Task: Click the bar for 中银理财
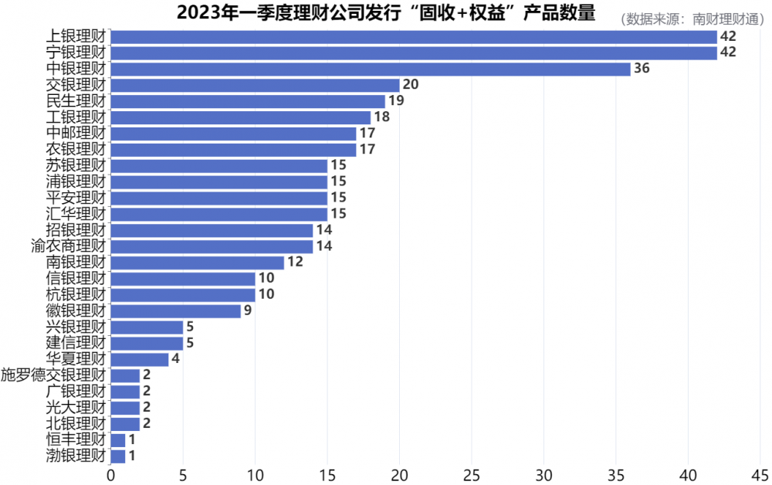pyautogui.click(x=371, y=69)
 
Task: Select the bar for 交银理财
pyautogui.click(x=255, y=85)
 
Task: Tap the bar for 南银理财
pyautogui.click(x=197, y=263)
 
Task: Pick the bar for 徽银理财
pyautogui.click(x=175, y=311)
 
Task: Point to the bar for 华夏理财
pyautogui.click(x=140, y=359)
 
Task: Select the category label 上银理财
pyautogui.click(x=76, y=36)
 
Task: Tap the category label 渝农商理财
pyautogui.click(x=68, y=246)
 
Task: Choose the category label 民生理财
pyautogui.click(x=76, y=101)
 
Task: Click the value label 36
pyautogui.click(x=642, y=69)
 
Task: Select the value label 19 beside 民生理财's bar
pyautogui.click(x=396, y=101)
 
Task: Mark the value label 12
pyautogui.click(x=295, y=263)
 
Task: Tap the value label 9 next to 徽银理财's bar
pyautogui.click(x=248, y=311)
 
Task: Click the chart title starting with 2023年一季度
pyautogui.click(x=386, y=13)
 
